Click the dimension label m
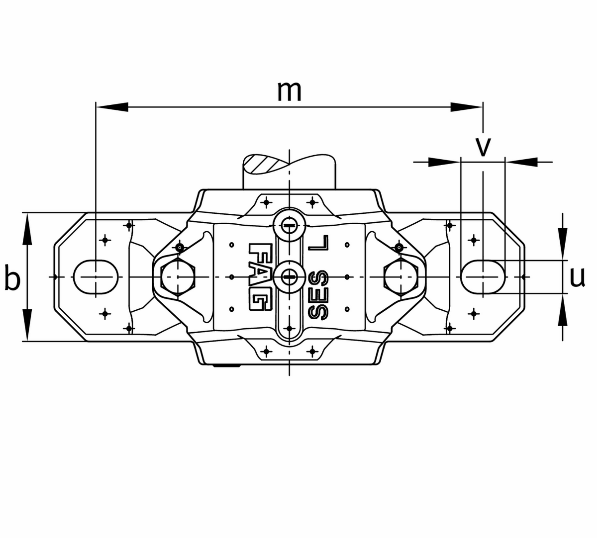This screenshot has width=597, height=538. pyautogui.click(x=289, y=90)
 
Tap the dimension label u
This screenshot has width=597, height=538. pyautogui.click(x=577, y=277)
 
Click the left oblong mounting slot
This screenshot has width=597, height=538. pyautogui.click(x=96, y=276)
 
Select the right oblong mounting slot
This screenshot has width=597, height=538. pyautogui.click(x=483, y=276)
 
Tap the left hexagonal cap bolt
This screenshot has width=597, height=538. pyautogui.click(x=178, y=276)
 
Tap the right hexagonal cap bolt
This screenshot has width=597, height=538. pyautogui.click(x=401, y=276)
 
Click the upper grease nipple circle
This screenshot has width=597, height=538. pyautogui.click(x=289, y=225)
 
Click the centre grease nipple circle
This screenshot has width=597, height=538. pyautogui.click(x=289, y=276)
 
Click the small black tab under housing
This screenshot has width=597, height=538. pyautogui.click(x=226, y=366)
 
